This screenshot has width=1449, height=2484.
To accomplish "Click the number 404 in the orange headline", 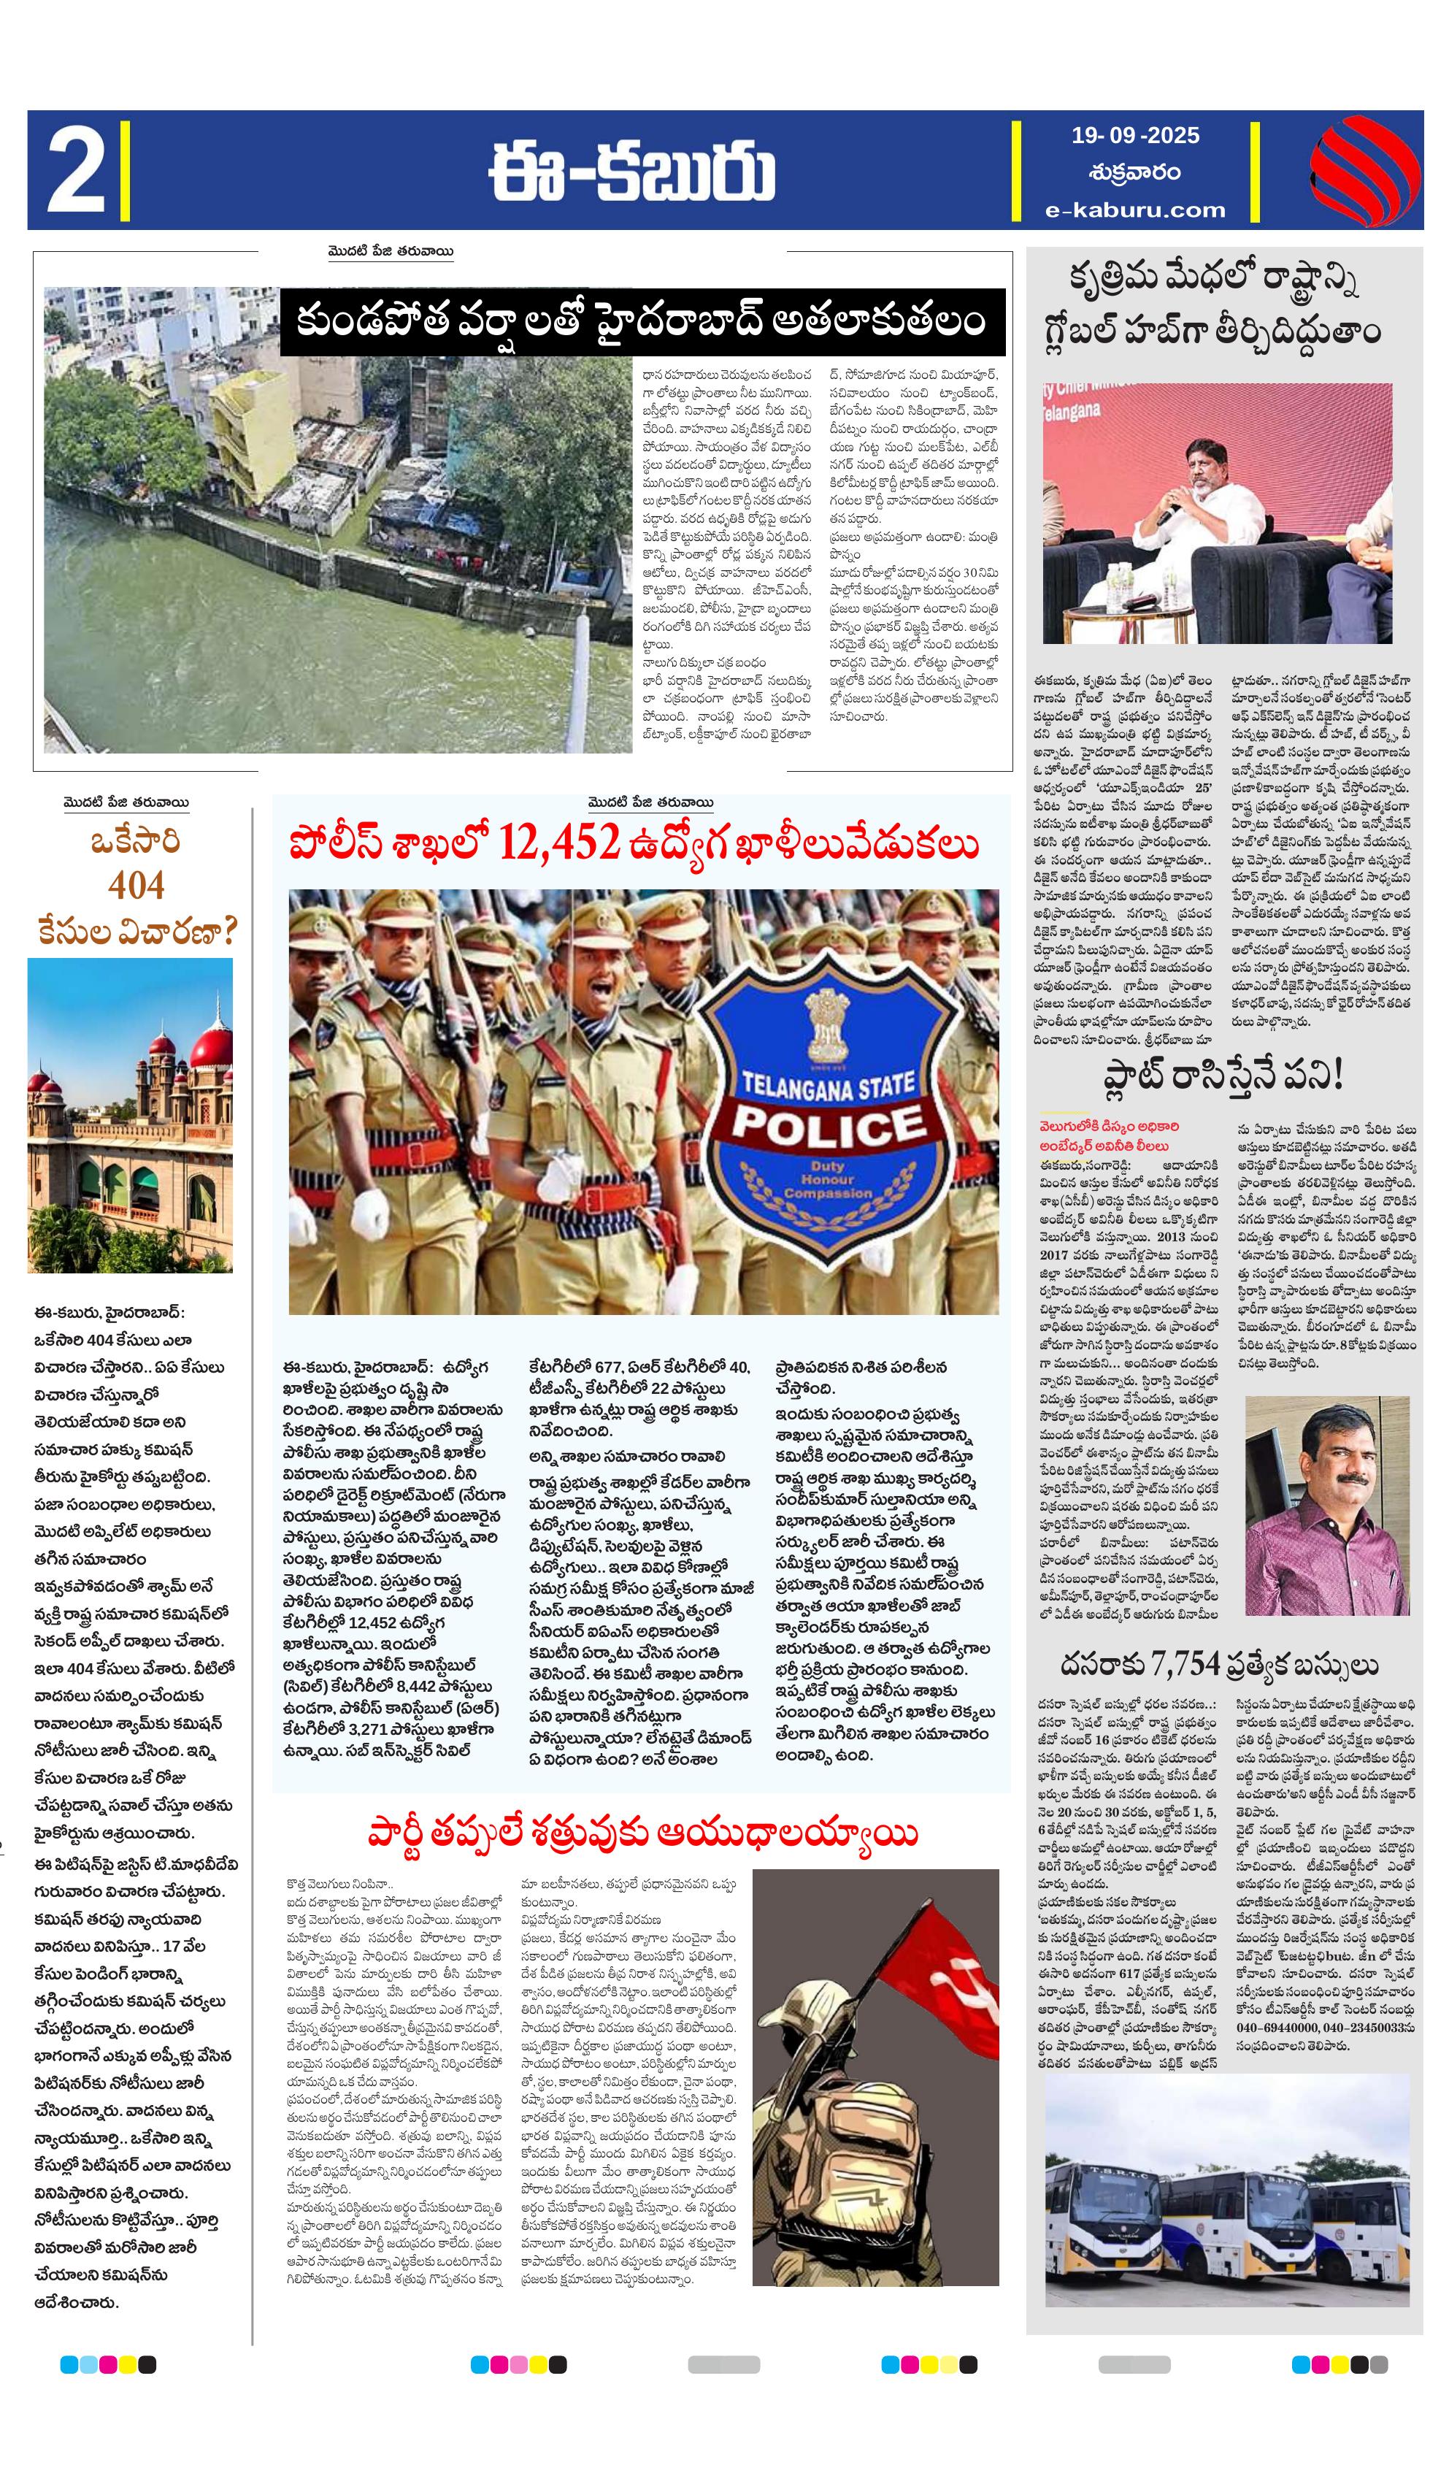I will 136,885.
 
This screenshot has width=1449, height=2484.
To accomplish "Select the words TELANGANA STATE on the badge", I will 828,1085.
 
